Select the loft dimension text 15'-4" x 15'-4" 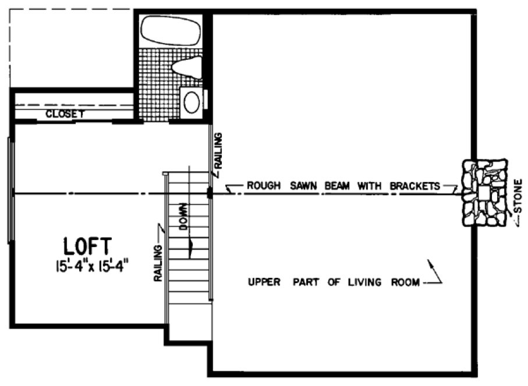[91, 267]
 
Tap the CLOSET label [66, 115]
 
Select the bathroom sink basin [192, 102]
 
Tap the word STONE [519, 196]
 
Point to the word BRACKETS [414, 186]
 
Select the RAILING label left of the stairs [158, 254]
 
